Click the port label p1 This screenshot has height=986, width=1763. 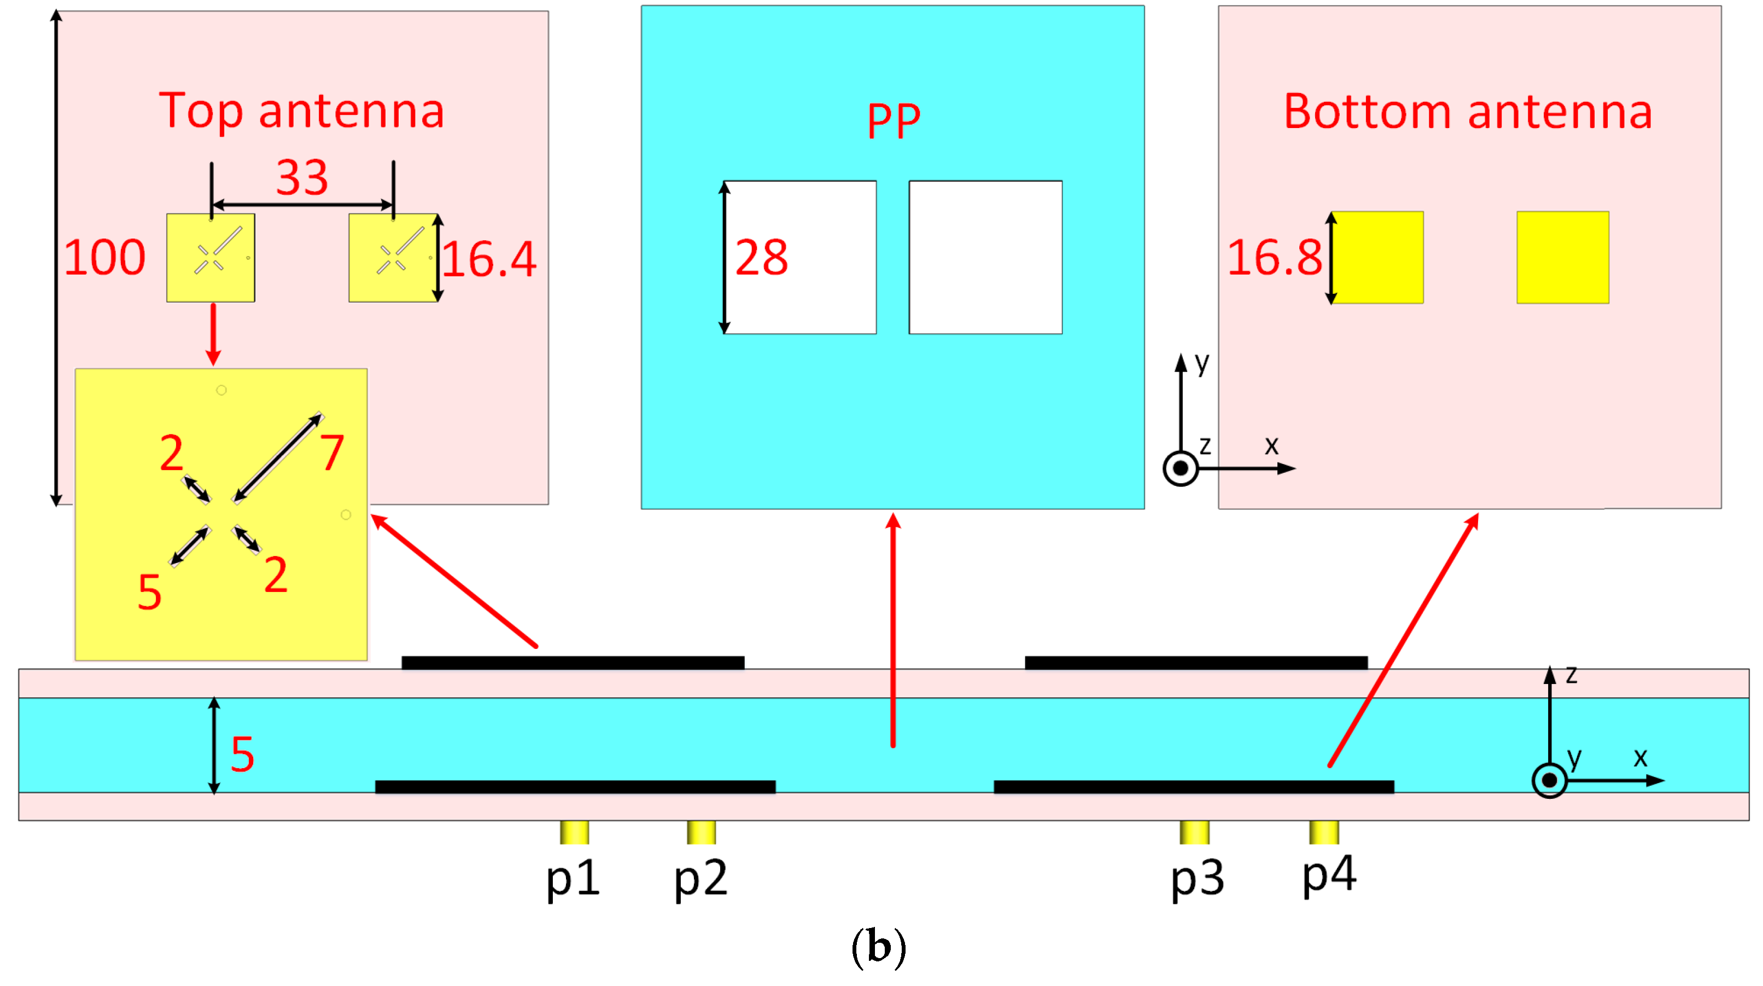573,879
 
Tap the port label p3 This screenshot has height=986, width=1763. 1197,879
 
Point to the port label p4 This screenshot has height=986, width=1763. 1328,875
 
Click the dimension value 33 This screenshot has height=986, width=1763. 302,177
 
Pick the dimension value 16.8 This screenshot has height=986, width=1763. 1274,258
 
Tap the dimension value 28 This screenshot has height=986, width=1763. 761,258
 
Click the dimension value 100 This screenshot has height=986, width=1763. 104,258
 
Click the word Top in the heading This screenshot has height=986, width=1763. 201,112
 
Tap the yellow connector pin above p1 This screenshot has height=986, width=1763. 574,832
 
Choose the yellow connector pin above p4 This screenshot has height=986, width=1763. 1324,832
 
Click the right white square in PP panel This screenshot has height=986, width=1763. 985,258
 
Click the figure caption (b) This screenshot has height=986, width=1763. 879,948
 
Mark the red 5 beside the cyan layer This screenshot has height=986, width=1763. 242,755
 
